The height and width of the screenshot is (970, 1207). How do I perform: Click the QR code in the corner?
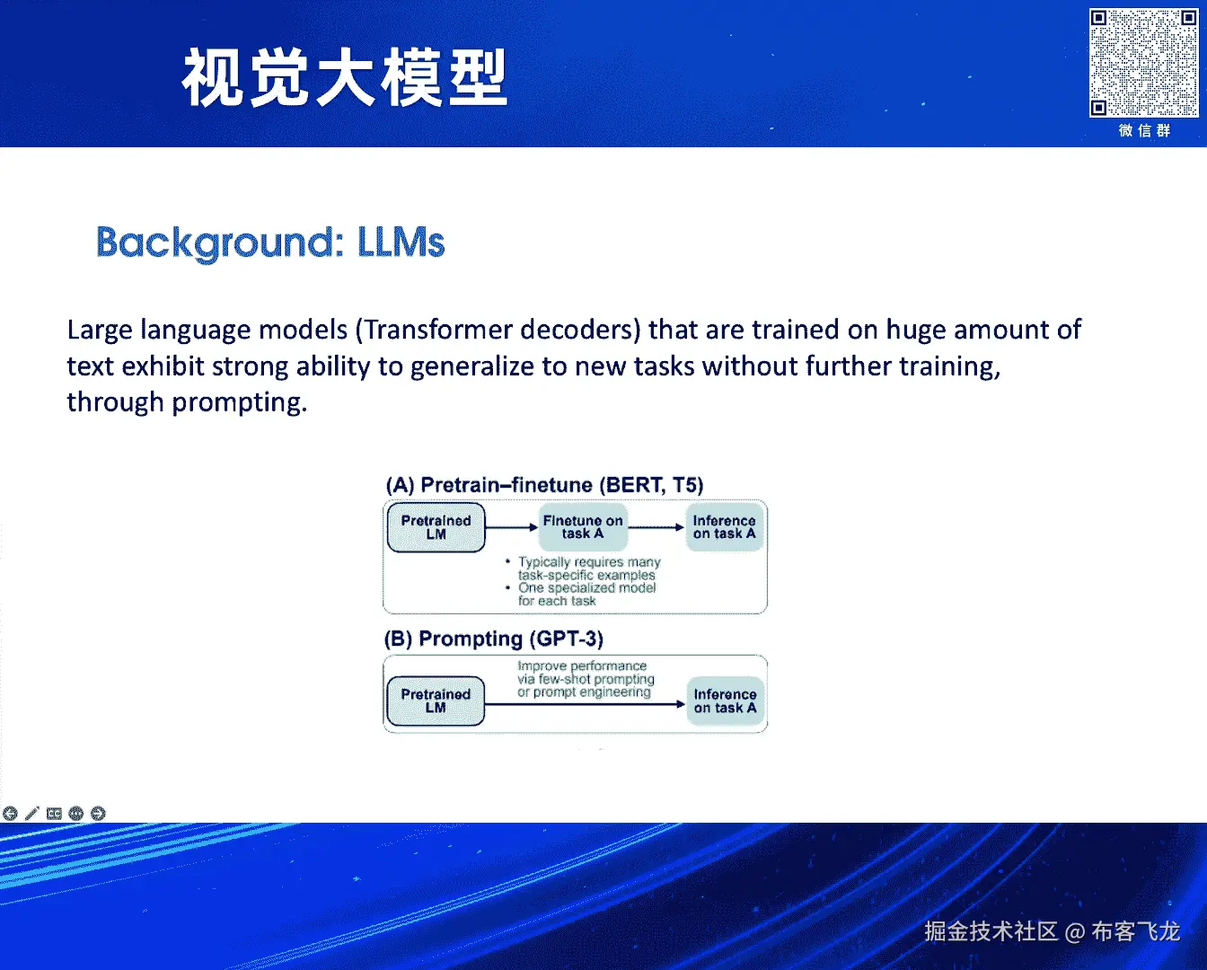point(1143,63)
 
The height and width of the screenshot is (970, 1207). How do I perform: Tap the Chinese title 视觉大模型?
point(345,77)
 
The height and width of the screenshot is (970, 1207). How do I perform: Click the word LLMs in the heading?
point(401,242)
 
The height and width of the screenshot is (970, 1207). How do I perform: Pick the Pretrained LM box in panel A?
point(436,527)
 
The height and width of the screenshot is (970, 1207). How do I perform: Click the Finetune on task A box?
point(583,527)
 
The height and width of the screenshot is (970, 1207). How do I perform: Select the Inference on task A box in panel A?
point(724,527)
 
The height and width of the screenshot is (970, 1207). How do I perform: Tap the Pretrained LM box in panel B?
point(436,701)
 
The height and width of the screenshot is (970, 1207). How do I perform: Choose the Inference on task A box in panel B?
point(726,701)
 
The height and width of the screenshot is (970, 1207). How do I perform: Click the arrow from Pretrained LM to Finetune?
point(512,527)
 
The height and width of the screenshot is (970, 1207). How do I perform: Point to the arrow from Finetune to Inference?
point(656,527)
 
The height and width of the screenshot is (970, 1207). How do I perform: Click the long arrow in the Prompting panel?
point(585,704)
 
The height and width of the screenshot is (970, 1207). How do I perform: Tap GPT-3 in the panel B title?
point(567,639)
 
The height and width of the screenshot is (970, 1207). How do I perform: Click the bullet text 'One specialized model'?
point(586,588)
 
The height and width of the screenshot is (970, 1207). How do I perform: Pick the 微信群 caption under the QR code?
point(1144,131)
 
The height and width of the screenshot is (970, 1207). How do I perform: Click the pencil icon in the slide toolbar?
point(32,813)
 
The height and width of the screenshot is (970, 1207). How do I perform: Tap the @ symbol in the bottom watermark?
point(1074,932)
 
